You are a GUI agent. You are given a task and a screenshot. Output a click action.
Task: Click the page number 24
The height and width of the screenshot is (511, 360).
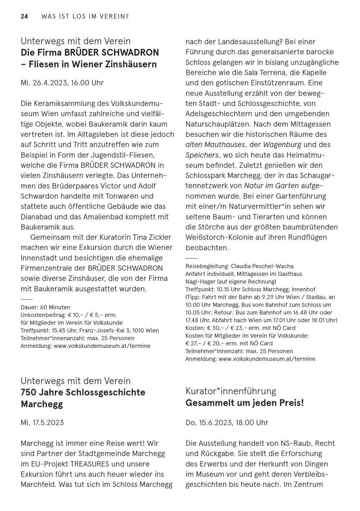coord(24,17)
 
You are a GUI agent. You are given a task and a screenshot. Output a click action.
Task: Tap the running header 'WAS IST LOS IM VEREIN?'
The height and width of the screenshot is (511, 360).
coord(85,17)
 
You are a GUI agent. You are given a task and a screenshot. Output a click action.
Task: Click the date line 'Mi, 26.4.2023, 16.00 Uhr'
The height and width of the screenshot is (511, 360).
coord(62,83)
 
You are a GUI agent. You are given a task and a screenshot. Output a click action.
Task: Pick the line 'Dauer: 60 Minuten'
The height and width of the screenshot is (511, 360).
coord(45,308)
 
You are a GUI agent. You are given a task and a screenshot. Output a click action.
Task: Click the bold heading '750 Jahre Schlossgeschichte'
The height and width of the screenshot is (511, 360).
coord(83,393)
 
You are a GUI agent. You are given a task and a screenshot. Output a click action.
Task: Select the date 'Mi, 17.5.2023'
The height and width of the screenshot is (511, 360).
coord(42,423)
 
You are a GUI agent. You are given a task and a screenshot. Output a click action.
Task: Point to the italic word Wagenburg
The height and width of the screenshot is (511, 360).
coord(282,145)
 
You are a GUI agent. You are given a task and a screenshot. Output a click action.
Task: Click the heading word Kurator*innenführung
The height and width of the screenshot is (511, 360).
coord(231,391)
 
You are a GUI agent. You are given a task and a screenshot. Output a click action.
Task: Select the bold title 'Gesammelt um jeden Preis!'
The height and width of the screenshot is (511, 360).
coord(245,403)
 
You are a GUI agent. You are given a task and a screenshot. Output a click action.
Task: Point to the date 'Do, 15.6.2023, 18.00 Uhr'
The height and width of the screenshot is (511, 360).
coord(227,423)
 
